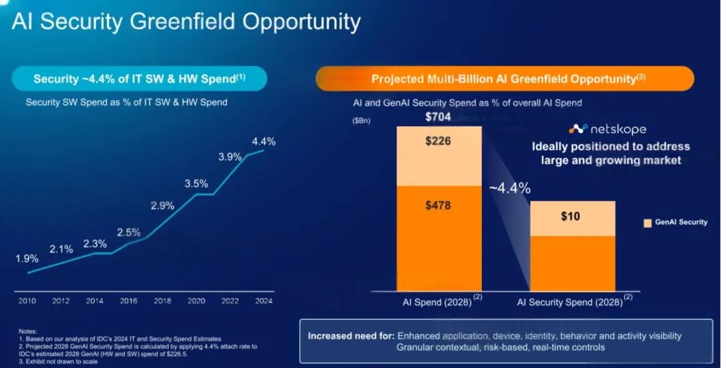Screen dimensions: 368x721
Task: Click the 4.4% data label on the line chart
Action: pos(263,142)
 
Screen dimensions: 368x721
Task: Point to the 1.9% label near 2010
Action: pos(27,258)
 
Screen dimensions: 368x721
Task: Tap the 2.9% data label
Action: pos(162,206)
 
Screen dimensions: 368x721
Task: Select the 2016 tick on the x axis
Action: pos(128,301)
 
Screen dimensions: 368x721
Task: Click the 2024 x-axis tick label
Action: pos(263,301)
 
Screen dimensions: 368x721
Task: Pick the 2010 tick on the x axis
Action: pos(27,301)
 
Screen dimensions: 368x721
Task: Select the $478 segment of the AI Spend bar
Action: pos(438,205)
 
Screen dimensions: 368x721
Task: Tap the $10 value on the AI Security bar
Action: pos(571,216)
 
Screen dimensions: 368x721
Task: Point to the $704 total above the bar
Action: pos(439,118)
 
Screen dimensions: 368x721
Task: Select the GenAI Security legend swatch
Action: pos(648,222)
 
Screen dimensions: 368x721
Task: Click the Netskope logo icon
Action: pos(577,128)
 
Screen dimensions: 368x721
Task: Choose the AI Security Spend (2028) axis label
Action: pos(569,302)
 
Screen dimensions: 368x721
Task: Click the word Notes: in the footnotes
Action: pos(27,331)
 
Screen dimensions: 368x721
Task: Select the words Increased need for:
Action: pos(350,336)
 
